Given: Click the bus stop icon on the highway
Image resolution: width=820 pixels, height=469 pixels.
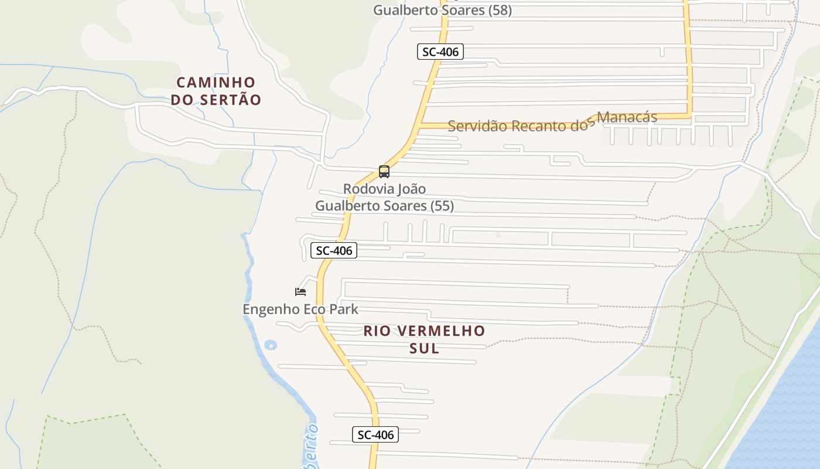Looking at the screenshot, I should click(384, 172).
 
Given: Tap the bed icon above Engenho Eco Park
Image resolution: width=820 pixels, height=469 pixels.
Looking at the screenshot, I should click(300, 291).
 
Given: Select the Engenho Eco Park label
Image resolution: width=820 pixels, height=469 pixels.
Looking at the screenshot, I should click(300, 309).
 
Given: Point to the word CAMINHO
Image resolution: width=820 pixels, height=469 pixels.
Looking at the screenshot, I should click(216, 82).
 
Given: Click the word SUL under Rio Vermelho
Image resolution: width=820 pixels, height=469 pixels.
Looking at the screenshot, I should click(424, 348).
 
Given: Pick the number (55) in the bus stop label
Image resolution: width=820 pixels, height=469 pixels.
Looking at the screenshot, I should click(442, 206).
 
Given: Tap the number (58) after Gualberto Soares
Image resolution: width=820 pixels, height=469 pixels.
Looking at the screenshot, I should click(500, 10).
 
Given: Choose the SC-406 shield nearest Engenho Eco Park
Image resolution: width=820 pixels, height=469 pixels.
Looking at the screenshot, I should click(333, 250).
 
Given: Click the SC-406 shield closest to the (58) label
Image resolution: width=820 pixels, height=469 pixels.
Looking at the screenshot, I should click(440, 52).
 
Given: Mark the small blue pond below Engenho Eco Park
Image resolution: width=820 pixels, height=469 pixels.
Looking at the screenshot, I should click(270, 345).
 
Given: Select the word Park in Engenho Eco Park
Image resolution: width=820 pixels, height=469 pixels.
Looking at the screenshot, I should click(344, 309).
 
